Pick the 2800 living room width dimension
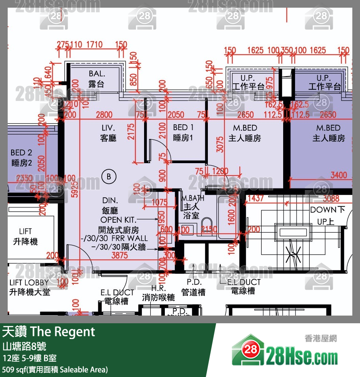tap(104, 115)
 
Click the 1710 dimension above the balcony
tap(94, 45)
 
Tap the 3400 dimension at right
tap(338, 175)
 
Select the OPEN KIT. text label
tap(118, 220)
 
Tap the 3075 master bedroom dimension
tap(220, 144)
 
